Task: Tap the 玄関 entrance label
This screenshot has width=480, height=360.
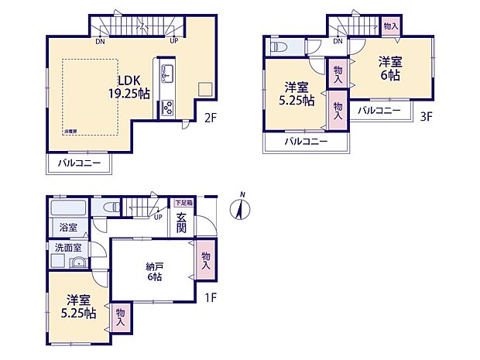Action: coord(180,222)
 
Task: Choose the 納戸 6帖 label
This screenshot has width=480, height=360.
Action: coord(155,272)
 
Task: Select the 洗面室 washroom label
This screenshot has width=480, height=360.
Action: coord(68,248)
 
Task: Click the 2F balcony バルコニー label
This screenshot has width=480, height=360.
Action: coord(80,164)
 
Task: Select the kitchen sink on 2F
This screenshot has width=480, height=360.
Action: coord(166,74)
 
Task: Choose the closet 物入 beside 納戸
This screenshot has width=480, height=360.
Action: coord(205,261)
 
